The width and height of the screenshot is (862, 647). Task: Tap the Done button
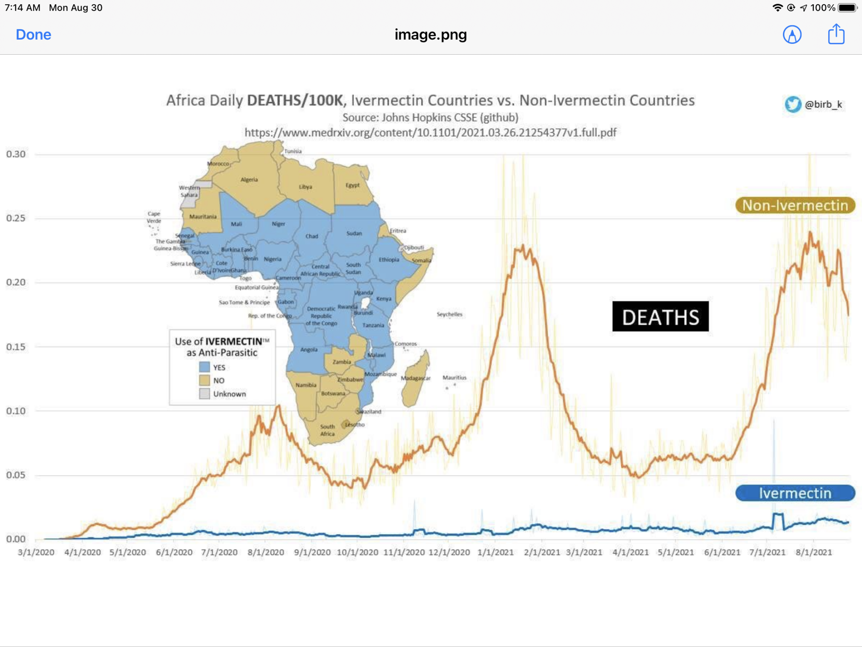[33, 35]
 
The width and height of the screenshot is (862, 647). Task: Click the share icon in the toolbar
[836, 34]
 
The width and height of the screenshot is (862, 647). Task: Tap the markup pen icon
[792, 35]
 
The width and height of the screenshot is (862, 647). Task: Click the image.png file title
[431, 35]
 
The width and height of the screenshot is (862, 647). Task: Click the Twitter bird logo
[793, 104]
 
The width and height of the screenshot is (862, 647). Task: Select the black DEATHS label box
[660, 317]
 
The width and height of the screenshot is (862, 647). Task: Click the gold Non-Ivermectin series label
[795, 206]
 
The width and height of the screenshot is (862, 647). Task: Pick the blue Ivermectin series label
[795, 493]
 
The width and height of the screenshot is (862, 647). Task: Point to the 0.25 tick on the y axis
[16, 218]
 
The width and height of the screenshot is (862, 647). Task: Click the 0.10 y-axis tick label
[16, 411]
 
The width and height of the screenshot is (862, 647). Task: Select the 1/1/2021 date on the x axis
[495, 552]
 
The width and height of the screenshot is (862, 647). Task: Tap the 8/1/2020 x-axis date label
[266, 552]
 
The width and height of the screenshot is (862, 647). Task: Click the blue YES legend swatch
[205, 367]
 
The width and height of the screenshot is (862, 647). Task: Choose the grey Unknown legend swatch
[205, 394]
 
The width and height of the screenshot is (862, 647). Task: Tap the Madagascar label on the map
[415, 378]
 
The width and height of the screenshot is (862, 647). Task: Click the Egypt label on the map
[353, 185]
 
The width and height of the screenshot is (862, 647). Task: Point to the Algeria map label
[249, 180]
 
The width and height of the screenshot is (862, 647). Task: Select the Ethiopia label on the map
[389, 259]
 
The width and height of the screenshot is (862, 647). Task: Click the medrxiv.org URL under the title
[430, 133]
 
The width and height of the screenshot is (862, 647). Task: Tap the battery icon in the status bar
[847, 8]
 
